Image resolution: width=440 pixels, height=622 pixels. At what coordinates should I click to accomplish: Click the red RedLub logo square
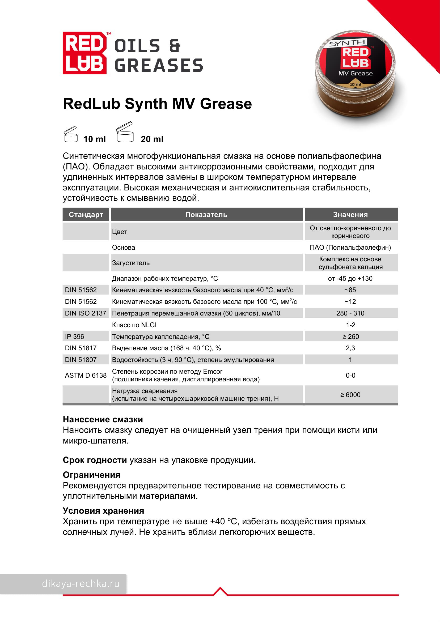click(84, 53)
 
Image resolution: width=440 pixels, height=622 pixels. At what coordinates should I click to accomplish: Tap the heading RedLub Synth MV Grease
click(157, 104)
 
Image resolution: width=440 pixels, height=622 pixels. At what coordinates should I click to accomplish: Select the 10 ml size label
click(94, 139)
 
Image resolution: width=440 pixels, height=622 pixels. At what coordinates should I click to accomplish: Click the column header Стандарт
click(86, 215)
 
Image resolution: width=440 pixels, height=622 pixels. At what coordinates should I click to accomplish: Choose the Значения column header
click(350, 215)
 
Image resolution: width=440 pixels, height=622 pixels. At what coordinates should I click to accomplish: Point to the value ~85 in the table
click(350, 290)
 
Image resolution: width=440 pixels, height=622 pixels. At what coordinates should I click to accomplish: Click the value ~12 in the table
click(350, 301)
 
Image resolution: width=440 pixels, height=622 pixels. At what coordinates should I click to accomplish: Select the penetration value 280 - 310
click(350, 313)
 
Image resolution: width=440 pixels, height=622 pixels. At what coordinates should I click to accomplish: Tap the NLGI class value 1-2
click(350, 325)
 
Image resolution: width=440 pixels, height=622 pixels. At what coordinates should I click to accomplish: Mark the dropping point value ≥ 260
click(350, 336)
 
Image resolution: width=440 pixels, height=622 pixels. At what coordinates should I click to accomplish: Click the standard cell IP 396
click(75, 336)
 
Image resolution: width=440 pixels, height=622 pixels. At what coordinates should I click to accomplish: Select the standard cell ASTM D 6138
click(86, 375)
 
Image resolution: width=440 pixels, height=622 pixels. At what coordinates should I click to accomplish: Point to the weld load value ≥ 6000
click(350, 395)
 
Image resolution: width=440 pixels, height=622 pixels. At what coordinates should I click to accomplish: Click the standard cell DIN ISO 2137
click(85, 313)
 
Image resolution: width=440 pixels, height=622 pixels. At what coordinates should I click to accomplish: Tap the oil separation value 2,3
click(350, 348)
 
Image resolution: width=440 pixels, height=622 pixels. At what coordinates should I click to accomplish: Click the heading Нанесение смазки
click(103, 419)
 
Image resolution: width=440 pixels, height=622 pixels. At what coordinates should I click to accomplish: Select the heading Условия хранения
click(103, 511)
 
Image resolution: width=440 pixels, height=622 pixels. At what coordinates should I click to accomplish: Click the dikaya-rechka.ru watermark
click(81, 583)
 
